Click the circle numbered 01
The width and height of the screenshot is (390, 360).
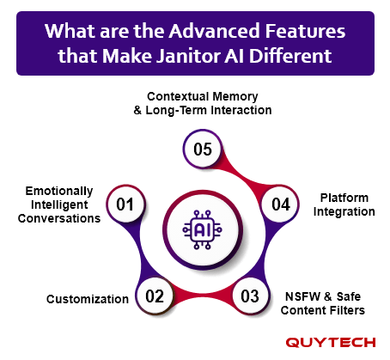click(x=125, y=204)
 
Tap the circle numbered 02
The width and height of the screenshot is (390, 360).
click(x=155, y=296)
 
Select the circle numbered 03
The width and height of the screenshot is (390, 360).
click(x=250, y=296)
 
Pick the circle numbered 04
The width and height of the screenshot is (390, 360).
click(x=281, y=204)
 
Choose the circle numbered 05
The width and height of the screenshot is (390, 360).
click(x=203, y=149)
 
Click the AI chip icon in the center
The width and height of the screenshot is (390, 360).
click(x=203, y=229)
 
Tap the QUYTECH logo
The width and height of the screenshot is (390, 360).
click(x=331, y=342)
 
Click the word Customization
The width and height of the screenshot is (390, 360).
click(x=88, y=299)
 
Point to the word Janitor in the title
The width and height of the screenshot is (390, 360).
click(x=188, y=55)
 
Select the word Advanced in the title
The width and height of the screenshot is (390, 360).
click(x=215, y=31)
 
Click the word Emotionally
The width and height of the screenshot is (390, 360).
click(x=59, y=191)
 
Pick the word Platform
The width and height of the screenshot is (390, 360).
click(x=344, y=198)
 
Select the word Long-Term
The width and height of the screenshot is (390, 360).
click(x=176, y=110)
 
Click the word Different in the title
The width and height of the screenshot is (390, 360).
click(x=290, y=55)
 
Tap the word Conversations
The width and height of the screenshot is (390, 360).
click(x=59, y=218)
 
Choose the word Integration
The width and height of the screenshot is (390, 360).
click(x=344, y=211)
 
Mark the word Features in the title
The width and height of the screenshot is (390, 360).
click(x=305, y=31)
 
